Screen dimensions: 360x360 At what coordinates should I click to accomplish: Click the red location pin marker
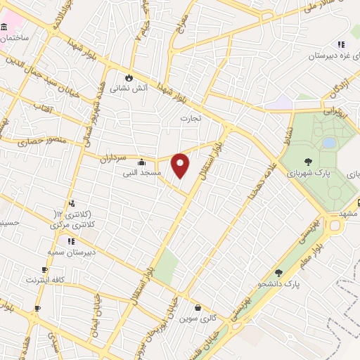coord(181,165)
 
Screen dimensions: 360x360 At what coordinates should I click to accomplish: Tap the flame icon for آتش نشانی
coord(129,77)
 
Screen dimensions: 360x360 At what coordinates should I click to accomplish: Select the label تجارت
coord(190,118)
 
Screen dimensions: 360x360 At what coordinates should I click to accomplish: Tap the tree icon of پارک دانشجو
coord(279,273)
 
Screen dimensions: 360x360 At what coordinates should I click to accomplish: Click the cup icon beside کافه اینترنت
coord(45,270)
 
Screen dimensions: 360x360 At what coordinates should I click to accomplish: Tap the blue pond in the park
coord(328,143)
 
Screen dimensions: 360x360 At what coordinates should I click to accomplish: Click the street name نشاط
coord(285,131)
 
